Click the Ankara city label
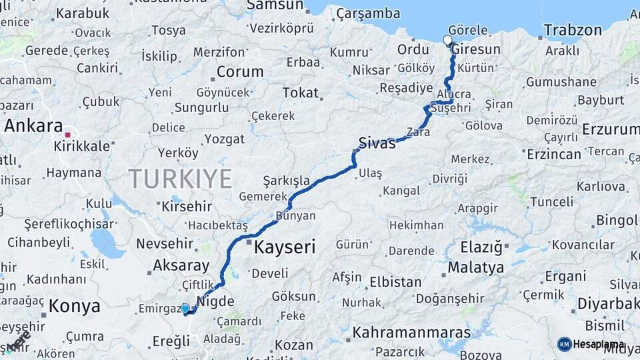click(33, 126)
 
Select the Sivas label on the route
click(377, 142)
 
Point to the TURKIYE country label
click(180, 179)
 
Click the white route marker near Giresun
click(448, 41)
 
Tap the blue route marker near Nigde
click(185, 309)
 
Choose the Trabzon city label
click(573, 30)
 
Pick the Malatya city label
click(476, 268)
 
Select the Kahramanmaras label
click(411, 332)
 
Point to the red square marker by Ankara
click(67, 135)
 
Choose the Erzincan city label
click(553, 154)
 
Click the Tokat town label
click(301, 93)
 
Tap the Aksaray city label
click(181, 265)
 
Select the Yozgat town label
click(224, 139)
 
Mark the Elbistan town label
click(395, 281)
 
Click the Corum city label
click(240, 72)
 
